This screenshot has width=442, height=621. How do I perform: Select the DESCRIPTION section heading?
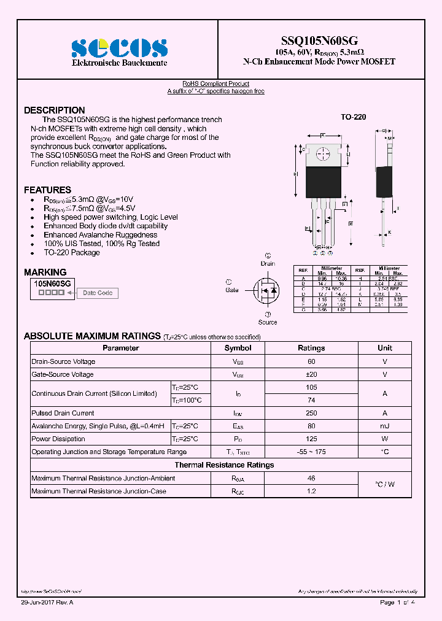(x=54, y=110)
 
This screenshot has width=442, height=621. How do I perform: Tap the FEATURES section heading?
(x=47, y=190)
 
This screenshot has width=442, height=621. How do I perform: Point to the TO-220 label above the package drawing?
(x=353, y=117)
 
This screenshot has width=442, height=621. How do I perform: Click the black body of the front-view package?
(x=323, y=181)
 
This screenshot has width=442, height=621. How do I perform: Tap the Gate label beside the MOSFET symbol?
(x=231, y=290)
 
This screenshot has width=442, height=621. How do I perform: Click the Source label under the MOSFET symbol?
(x=267, y=322)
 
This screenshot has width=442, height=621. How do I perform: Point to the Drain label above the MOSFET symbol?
(x=268, y=264)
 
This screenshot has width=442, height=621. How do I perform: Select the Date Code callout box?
(x=98, y=293)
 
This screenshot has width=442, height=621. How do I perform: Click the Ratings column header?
(x=311, y=348)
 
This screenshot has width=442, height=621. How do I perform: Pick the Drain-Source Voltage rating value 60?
(x=311, y=361)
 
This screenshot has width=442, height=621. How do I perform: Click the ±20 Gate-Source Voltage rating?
(x=311, y=374)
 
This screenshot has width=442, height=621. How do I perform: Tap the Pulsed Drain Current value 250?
(x=311, y=413)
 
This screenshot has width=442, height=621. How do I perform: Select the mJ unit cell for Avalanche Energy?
(x=384, y=426)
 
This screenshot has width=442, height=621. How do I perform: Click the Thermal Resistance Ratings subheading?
(x=224, y=465)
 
